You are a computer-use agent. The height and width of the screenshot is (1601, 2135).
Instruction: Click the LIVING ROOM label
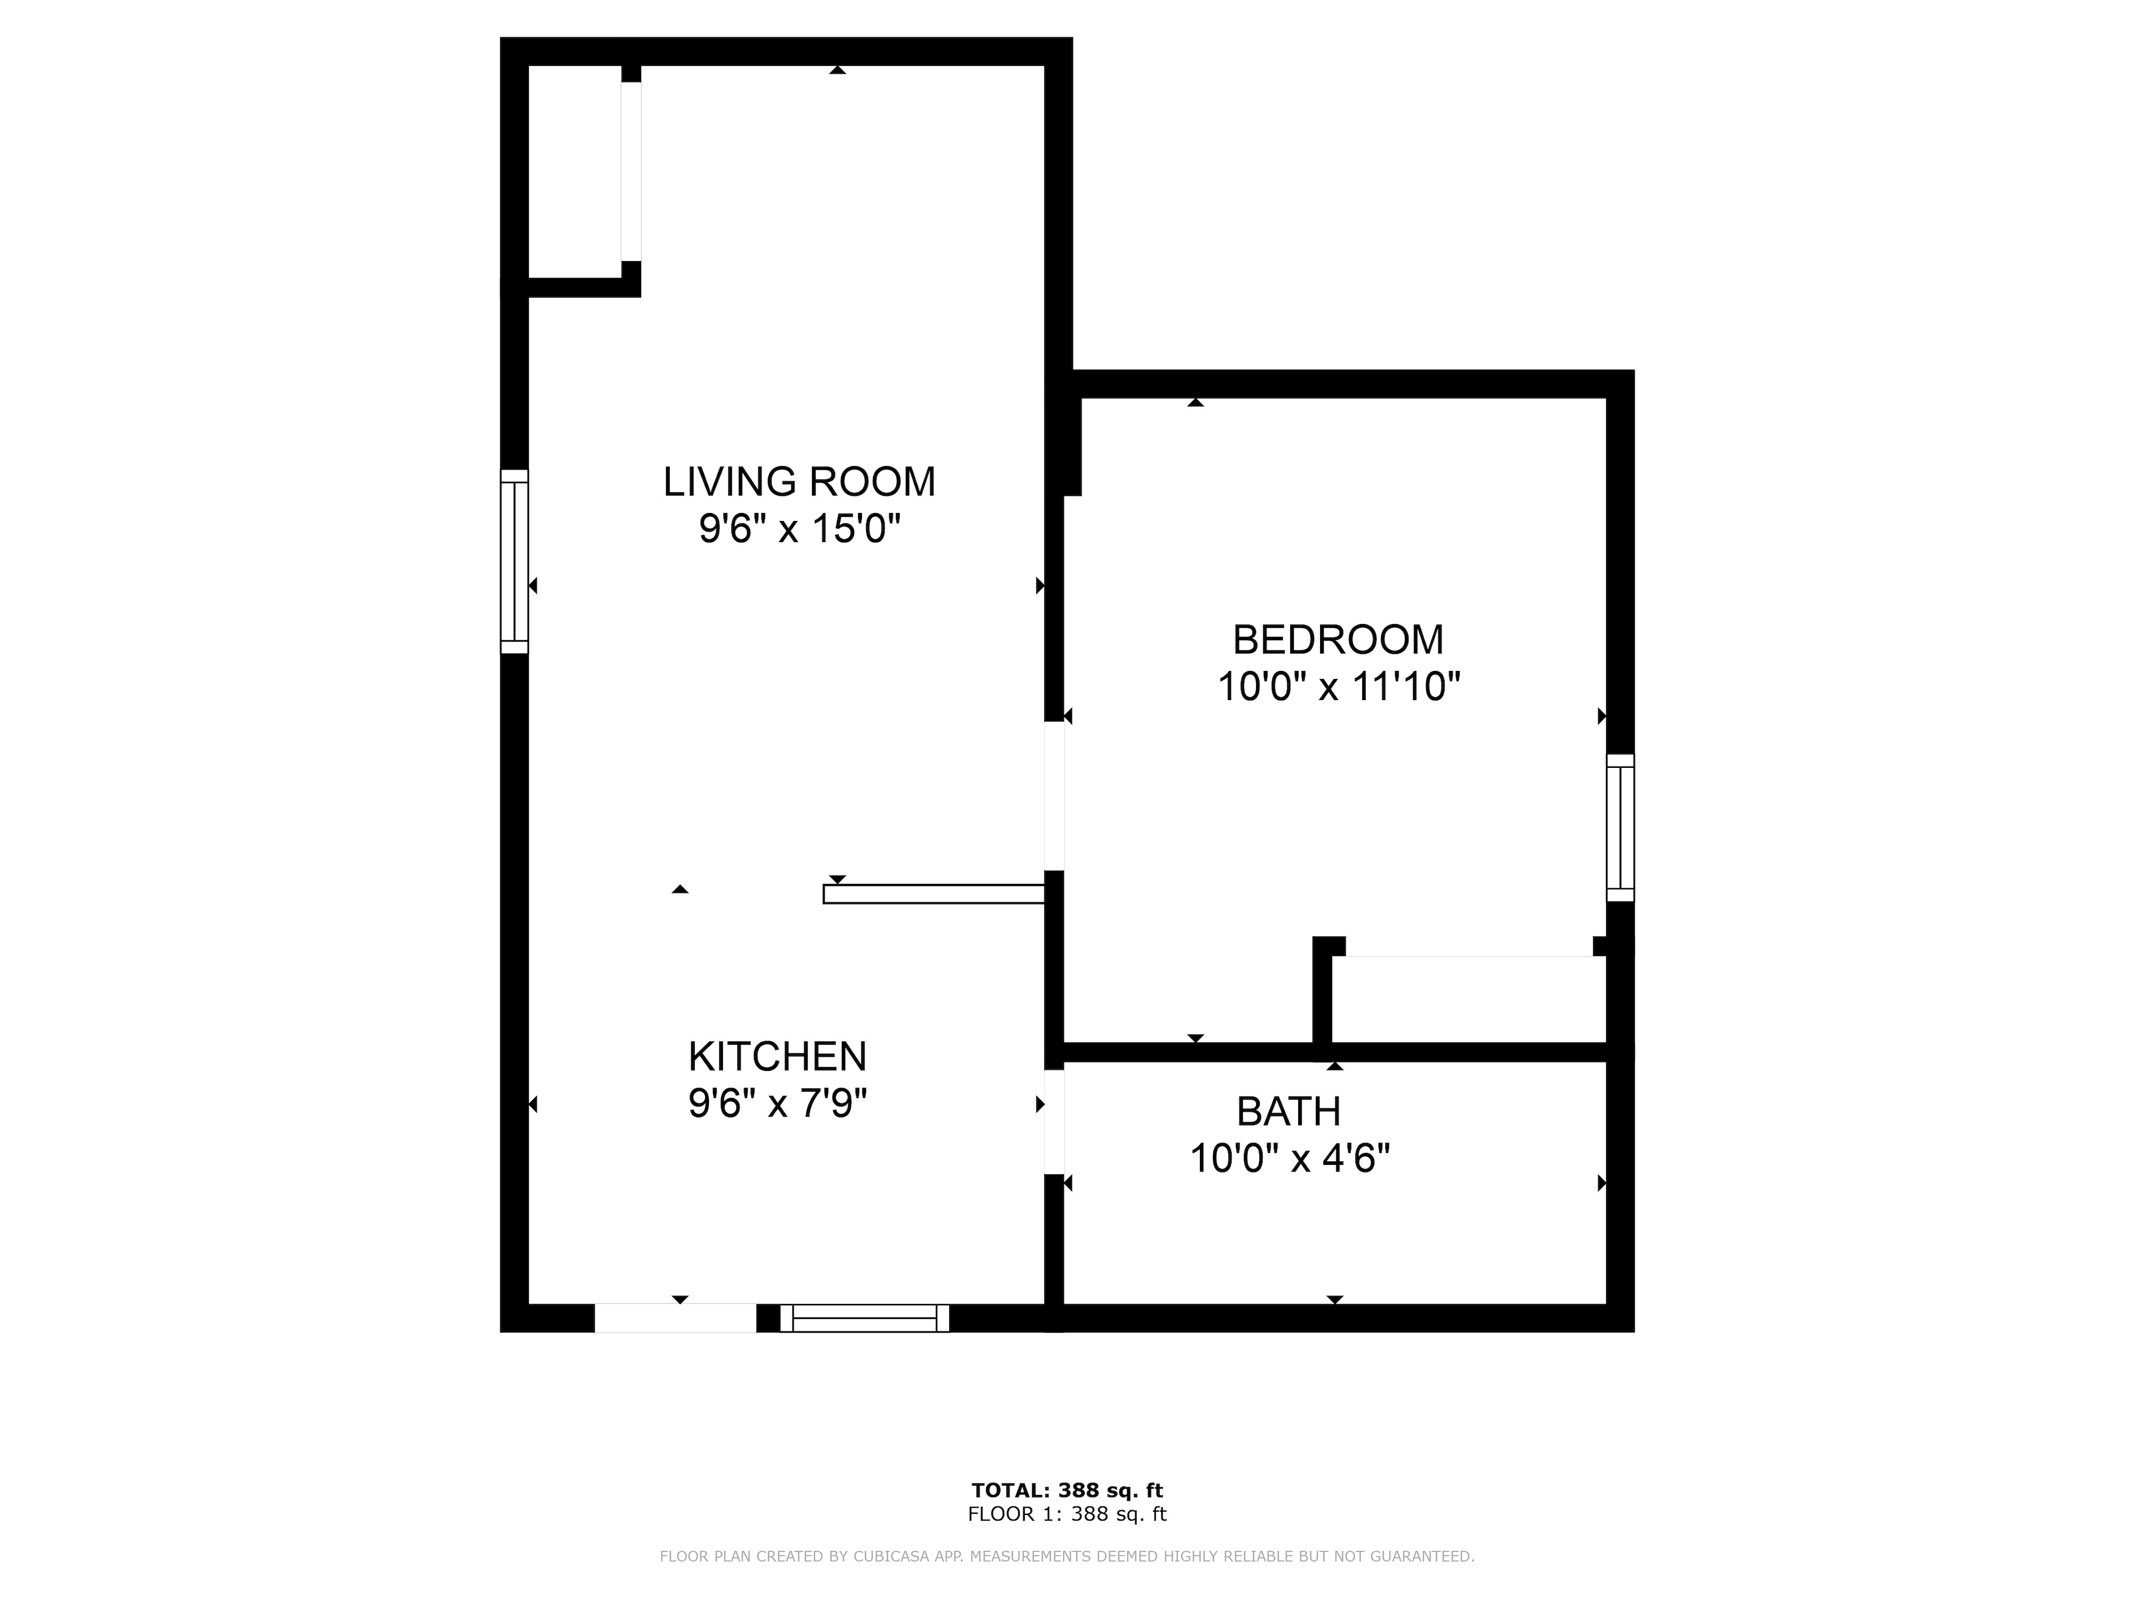coord(799,482)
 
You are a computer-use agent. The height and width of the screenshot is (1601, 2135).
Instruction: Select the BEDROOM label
coord(1338,640)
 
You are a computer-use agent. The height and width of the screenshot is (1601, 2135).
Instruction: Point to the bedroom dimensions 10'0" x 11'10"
coord(1338,687)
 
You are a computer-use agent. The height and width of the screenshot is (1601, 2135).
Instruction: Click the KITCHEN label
coord(777,1057)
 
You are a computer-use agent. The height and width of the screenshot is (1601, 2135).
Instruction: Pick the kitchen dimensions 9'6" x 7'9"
coord(777,1103)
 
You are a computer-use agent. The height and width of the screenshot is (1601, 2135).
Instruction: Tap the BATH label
coord(1288,1112)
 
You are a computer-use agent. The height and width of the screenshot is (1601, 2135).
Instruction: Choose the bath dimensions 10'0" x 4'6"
coord(1290,1158)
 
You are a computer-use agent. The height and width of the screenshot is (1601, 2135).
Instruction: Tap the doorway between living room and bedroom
coord(1055,796)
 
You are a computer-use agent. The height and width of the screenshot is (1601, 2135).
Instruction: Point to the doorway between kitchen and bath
coord(1055,1122)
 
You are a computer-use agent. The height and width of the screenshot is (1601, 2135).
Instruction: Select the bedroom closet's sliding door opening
coord(1469,955)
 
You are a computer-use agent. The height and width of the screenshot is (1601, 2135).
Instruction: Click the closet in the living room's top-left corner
coord(574,172)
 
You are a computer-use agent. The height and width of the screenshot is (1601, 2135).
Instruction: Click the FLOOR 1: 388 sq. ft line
coord(1066,1514)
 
